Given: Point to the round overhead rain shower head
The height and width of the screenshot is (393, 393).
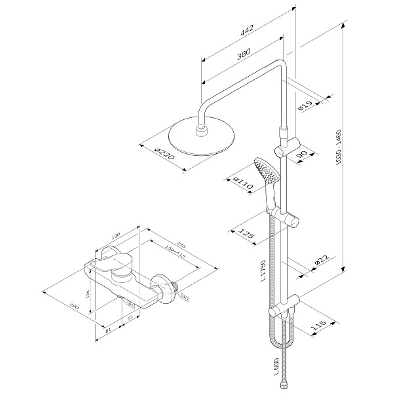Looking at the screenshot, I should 196,139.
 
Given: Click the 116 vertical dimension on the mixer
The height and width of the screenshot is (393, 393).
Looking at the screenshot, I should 89,295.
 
